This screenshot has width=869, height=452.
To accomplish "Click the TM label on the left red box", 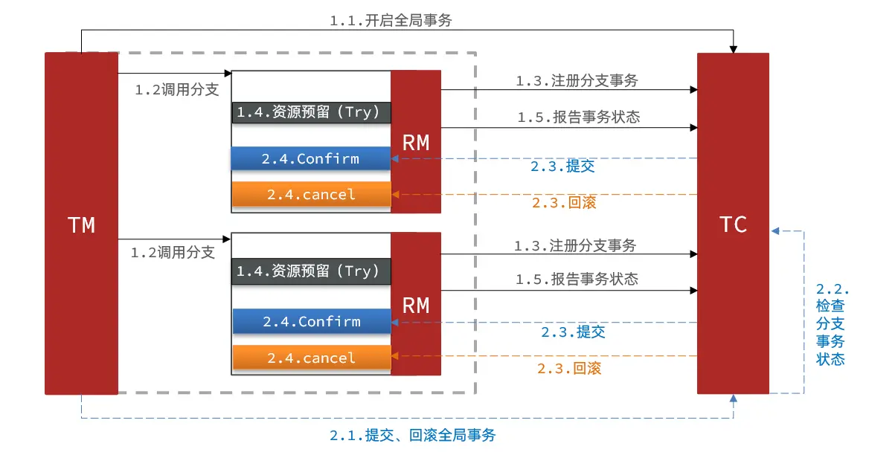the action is click(x=82, y=225).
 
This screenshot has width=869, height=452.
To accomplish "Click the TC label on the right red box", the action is click(x=733, y=225).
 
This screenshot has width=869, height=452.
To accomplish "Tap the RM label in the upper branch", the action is click(x=416, y=143).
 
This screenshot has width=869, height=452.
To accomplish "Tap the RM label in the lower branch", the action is click(x=416, y=306).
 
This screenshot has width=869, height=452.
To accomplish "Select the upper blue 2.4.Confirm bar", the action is click(x=311, y=158).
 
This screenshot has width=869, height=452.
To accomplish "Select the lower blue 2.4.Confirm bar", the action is click(x=312, y=321).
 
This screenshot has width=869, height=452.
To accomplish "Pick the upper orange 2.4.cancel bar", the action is click(x=312, y=195).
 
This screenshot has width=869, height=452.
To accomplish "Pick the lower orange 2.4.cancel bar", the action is click(x=312, y=358).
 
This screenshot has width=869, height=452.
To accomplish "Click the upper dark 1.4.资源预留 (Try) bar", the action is click(x=311, y=112).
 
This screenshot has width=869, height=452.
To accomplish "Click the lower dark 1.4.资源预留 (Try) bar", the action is click(x=311, y=271).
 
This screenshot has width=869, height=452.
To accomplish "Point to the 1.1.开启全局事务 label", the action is click(x=391, y=21).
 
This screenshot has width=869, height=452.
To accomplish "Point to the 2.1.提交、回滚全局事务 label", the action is click(x=412, y=436).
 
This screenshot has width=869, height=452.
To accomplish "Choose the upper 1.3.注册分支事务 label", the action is click(x=577, y=81).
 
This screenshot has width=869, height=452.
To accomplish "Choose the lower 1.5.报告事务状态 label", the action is click(x=577, y=280).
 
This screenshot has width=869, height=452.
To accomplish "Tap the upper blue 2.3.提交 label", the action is click(x=562, y=167).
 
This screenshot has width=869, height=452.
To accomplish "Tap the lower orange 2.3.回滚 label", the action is click(x=569, y=368).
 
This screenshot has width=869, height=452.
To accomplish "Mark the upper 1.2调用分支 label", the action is click(x=177, y=90).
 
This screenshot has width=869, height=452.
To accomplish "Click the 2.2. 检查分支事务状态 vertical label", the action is click(x=831, y=324).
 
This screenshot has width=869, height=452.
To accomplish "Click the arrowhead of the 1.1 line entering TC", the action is click(x=734, y=49).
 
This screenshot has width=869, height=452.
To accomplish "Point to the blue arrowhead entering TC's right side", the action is click(x=775, y=231).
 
